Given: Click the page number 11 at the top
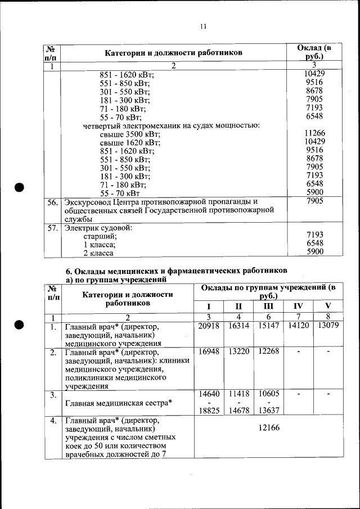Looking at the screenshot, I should coord(204,26).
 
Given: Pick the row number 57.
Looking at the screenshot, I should coord(52,228).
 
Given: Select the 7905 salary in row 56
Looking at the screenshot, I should coord(314,201).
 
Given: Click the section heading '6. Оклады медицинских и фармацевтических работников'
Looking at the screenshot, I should coord(177,271).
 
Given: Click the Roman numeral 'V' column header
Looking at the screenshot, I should coord(328,307).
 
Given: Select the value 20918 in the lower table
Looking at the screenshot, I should coord(209,326).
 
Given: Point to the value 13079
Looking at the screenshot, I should coord(328,326).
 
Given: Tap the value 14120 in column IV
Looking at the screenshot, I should coord(298,326).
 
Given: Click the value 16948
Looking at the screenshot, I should coord(209,352).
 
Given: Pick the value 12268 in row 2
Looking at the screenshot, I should coord(268,352).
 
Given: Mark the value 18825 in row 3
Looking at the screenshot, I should coord(209,411).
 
